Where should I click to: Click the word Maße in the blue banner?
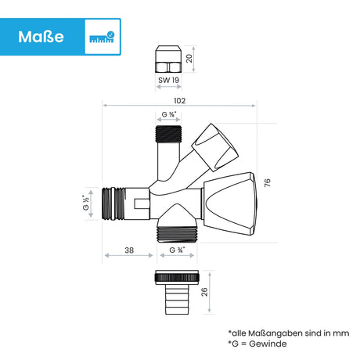tap(41, 37)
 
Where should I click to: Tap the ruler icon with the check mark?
tap(102, 37)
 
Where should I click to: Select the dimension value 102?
tap(179, 101)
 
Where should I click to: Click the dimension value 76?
tap(268, 182)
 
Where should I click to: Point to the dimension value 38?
tap(129, 250)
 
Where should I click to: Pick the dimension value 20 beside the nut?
tap(189, 59)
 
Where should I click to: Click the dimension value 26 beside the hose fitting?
tap(204, 292)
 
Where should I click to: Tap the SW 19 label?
tap(169, 80)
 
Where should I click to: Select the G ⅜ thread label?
tap(169, 114)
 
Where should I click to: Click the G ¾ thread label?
tap(177, 250)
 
